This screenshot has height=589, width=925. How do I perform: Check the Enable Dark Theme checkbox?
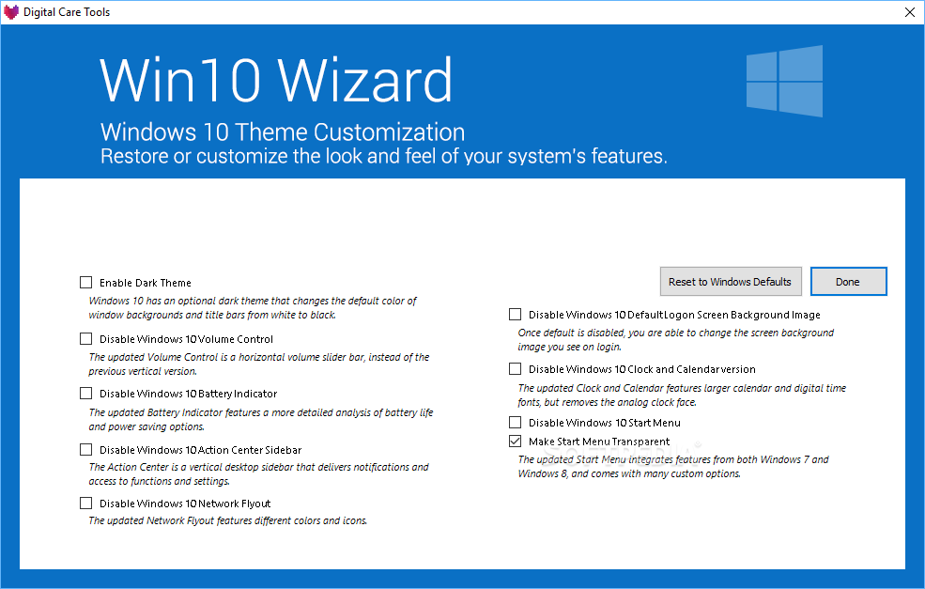pos(86,283)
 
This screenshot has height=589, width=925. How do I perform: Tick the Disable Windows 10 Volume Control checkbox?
pos(86,339)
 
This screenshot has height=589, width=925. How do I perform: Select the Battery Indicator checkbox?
pos(86,393)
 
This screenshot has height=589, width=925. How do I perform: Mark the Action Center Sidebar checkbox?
pos(86,450)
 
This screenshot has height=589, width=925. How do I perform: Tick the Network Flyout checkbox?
pos(86,503)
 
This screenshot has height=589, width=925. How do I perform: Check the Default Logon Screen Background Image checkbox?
pos(515,315)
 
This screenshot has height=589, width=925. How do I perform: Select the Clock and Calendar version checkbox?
pos(515,369)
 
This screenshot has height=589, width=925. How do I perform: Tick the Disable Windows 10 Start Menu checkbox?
pos(515,423)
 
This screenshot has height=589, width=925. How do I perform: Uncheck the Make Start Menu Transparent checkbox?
pos(515,441)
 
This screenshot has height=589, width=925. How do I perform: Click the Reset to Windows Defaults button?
pos(731,282)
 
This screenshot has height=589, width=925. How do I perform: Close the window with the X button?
pos(910,12)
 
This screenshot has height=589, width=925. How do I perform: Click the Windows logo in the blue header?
pos(784,81)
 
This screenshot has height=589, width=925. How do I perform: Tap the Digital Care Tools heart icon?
pos(11,12)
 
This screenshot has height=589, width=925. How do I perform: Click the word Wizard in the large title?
pos(365,80)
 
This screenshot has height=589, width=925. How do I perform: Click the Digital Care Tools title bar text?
pos(67,12)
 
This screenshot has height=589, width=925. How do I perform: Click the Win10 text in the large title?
pos(180,80)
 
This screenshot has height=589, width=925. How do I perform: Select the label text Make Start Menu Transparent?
pos(599,442)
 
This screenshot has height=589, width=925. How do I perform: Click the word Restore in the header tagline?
pos(134,156)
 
